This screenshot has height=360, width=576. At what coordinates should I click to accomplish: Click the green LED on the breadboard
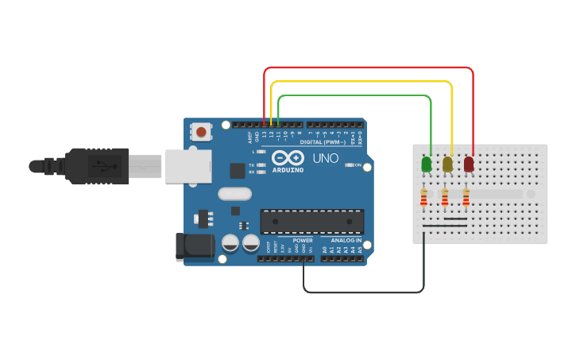427,164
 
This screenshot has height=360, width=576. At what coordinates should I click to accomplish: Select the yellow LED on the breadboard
447,164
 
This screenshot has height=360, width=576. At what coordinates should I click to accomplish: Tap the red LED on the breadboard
469,164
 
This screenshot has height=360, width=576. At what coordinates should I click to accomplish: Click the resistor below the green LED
424,196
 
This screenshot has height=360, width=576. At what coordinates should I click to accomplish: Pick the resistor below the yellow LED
445,196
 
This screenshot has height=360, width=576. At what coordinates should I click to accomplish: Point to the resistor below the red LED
466,196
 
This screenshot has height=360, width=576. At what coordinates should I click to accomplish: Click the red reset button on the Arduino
202,132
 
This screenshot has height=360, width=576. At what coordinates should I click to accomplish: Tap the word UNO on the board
326,158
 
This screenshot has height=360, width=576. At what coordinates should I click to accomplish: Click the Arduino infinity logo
288,157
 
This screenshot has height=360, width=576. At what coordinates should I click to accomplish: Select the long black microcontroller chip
312,222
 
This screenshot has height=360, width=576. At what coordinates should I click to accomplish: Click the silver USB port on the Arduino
188,165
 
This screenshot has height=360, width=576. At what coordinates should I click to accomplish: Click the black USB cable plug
96,165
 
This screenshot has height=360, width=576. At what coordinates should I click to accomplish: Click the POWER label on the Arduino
303,240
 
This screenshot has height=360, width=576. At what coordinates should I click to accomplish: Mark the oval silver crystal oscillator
234,193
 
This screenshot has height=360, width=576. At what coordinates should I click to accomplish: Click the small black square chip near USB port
238,170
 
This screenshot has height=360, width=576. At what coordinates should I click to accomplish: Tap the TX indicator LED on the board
261,165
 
